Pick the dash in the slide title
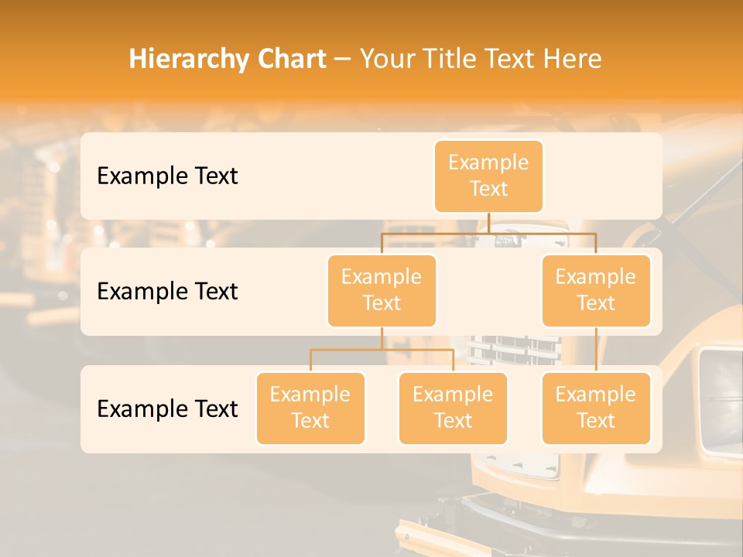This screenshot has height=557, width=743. tap(343, 60)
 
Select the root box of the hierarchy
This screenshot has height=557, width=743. tap(488, 176)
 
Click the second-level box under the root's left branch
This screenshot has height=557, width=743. tap(382, 291)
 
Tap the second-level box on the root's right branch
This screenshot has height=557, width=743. tap(596, 291)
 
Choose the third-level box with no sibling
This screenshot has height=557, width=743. tap(596, 408)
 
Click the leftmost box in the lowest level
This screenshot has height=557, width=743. tap(310, 408)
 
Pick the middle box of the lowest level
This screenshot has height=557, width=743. tap(453, 408)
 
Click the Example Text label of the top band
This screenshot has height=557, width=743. tap(167, 176)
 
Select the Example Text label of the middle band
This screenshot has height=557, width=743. tap(167, 292)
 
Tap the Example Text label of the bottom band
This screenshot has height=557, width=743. tap(167, 409)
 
